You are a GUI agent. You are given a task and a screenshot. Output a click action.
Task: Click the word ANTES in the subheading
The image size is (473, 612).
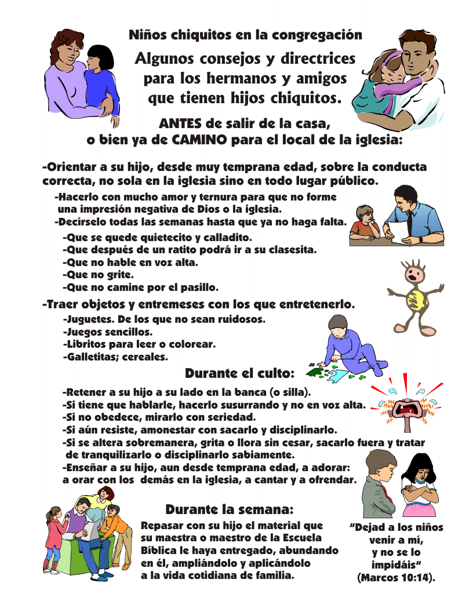180,123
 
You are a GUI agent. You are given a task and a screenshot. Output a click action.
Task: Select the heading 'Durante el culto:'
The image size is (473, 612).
239,373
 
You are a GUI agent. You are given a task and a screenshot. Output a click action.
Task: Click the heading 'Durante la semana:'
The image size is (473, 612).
230,509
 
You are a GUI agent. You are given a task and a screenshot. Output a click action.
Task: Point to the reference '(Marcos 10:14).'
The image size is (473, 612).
396,577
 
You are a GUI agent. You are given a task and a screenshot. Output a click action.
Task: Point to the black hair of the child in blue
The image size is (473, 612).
100,57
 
